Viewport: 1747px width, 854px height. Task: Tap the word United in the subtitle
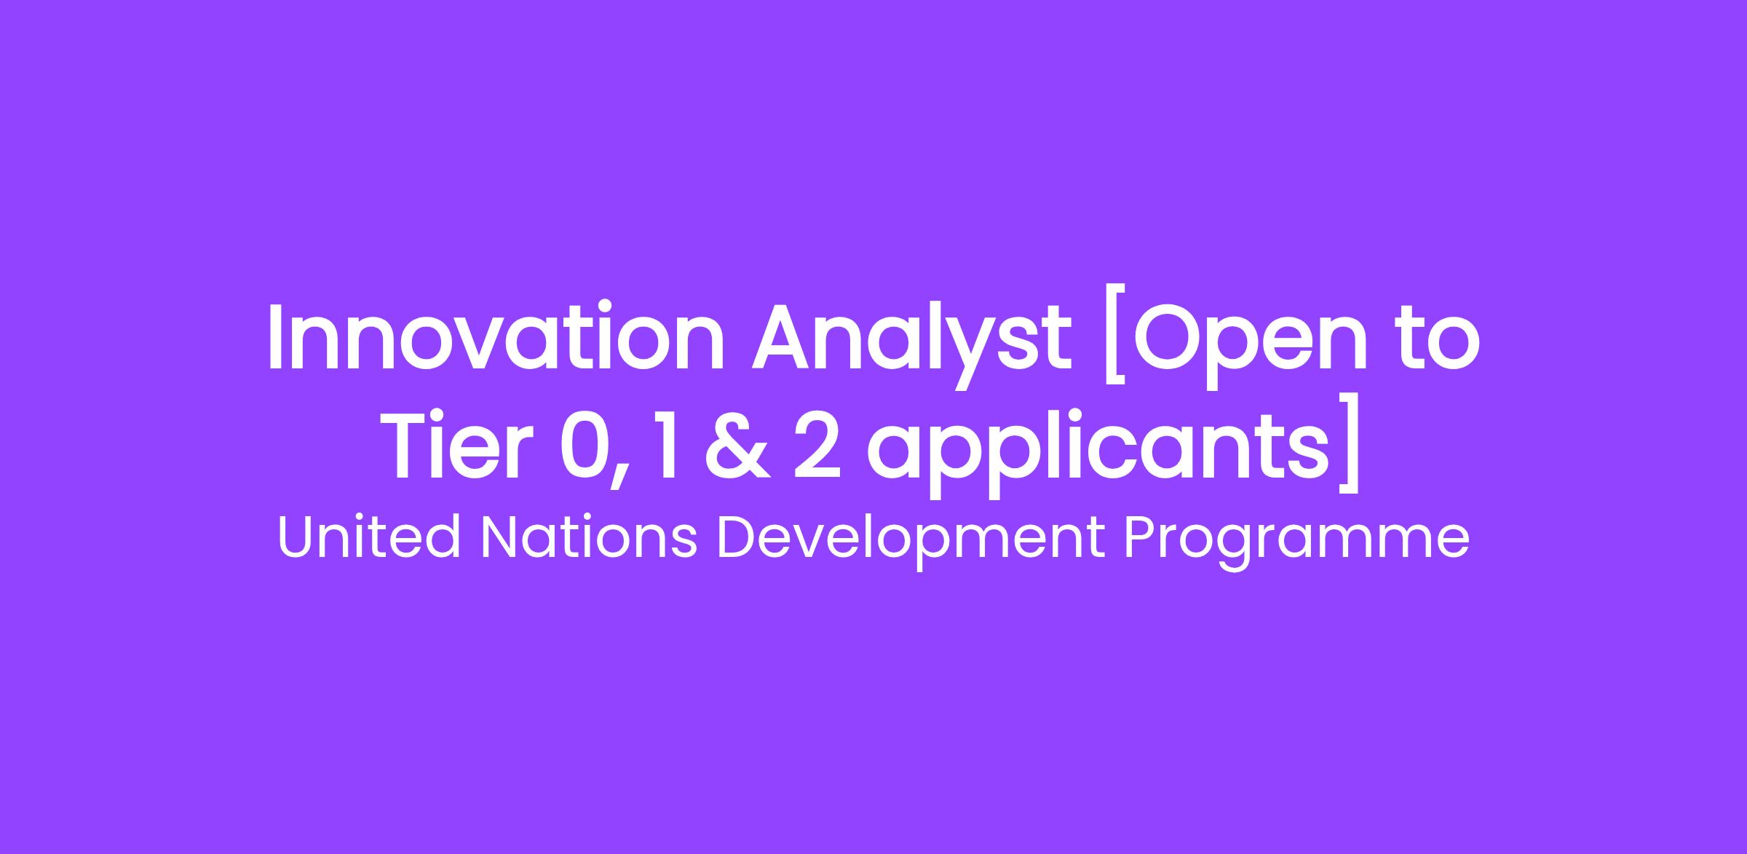(368, 539)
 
